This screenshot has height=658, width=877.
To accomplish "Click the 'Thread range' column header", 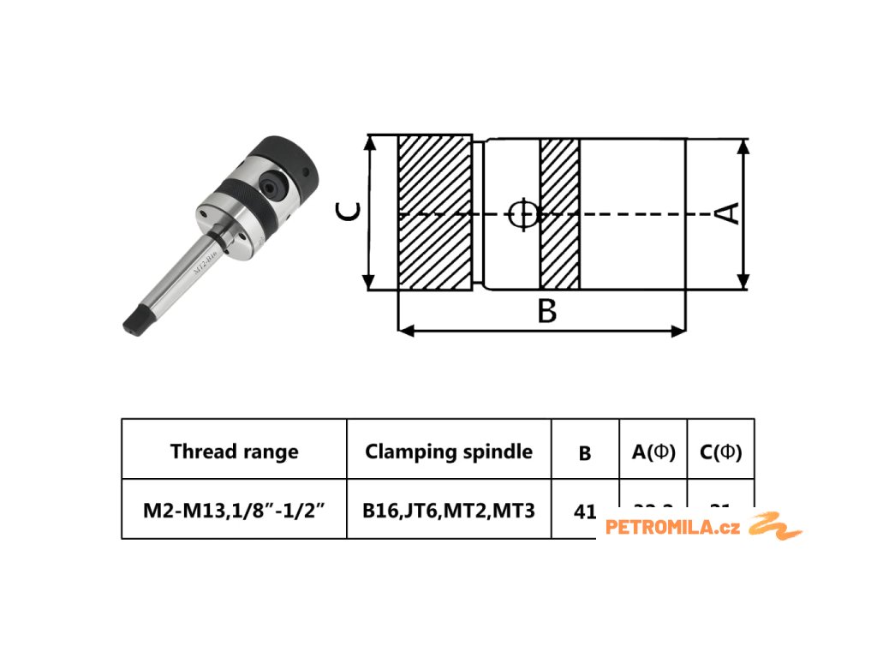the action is coord(234,452).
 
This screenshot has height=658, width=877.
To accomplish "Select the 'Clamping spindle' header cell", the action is coord(449,452).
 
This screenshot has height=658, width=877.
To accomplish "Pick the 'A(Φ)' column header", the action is coord(653,452).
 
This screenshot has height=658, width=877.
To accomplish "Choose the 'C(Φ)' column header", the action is coord(720,452).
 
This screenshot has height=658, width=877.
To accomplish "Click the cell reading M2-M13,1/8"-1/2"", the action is coord(234,511).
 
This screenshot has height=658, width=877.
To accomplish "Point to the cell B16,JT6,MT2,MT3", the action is coord(449,511).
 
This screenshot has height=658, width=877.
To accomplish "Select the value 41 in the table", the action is coord(585,511).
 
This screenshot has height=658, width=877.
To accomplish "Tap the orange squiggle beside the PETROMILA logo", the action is coord(775,525).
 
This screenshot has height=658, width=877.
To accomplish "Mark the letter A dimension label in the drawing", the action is coord(727,212).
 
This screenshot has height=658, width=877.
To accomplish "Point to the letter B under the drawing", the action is coord(546,311).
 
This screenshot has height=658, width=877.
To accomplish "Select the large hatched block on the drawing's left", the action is coord(435,212).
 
